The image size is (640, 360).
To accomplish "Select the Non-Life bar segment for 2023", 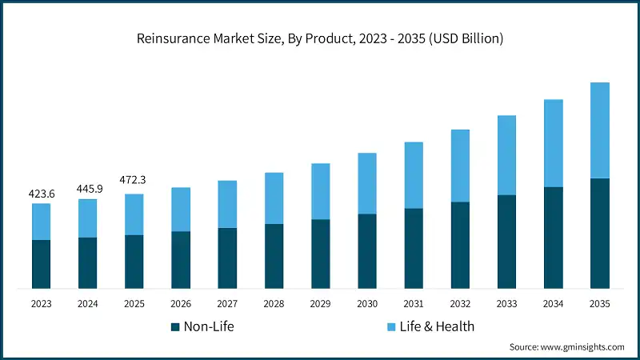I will click(41, 264).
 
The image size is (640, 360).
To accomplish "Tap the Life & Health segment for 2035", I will click(599, 130).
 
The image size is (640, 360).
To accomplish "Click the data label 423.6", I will click(41, 193).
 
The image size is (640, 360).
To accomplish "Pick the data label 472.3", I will click(134, 180).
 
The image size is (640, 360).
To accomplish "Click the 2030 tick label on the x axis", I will click(366, 303).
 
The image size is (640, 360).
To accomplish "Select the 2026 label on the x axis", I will click(181, 303).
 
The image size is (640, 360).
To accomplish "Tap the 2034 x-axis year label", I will click(553, 303).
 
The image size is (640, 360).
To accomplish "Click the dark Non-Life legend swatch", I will click(174, 326).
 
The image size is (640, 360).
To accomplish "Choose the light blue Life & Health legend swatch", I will click(392, 326).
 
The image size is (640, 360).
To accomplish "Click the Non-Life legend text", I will click(209, 326).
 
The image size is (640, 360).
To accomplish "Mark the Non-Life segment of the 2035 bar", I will click(599, 233).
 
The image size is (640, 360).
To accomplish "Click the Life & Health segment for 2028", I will click(274, 198).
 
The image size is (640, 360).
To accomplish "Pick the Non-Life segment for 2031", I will click(413, 248).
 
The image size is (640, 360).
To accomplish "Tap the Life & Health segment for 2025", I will click(134, 214).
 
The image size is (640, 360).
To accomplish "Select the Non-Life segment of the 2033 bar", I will click(506, 242).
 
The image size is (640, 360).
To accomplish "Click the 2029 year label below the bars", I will click(320, 303).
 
